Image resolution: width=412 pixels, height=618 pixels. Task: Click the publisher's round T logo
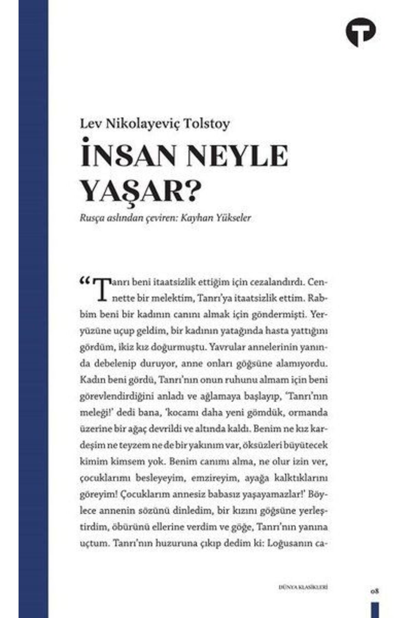point(360,31)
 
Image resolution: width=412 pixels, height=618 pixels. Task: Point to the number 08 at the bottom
point(375,591)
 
